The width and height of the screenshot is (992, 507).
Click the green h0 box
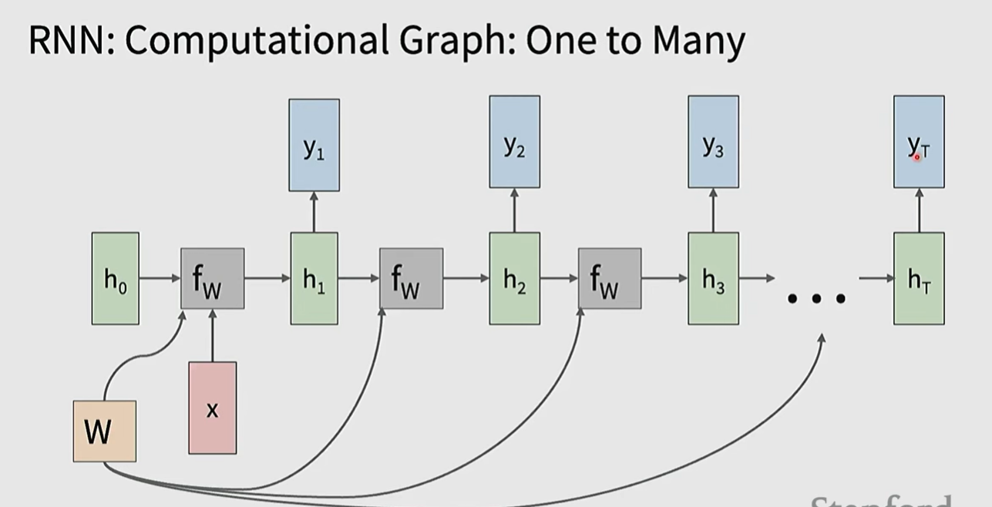(116, 278)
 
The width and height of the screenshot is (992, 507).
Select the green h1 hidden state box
(314, 278)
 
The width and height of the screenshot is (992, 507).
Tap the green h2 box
(514, 278)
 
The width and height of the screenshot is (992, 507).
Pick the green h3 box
(713, 278)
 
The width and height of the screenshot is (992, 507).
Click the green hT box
(919, 278)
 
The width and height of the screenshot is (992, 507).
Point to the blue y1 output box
(314, 145)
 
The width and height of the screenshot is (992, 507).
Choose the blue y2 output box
(514, 142)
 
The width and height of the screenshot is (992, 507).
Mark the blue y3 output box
(713, 142)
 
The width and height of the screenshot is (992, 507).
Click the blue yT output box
(919, 142)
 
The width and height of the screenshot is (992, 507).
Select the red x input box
(213, 408)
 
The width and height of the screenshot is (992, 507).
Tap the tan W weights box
(104, 431)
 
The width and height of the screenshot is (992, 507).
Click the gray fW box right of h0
(213, 278)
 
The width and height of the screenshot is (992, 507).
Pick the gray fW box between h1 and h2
(411, 278)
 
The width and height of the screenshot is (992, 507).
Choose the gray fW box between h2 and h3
(610, 278)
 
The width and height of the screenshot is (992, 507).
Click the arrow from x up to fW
(213, 335)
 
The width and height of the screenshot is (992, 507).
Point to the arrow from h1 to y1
(314, 212)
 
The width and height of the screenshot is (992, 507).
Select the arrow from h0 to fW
(160, 278)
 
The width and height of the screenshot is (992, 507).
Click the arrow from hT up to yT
(919, 210)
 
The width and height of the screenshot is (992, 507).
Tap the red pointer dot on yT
(917, 156)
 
